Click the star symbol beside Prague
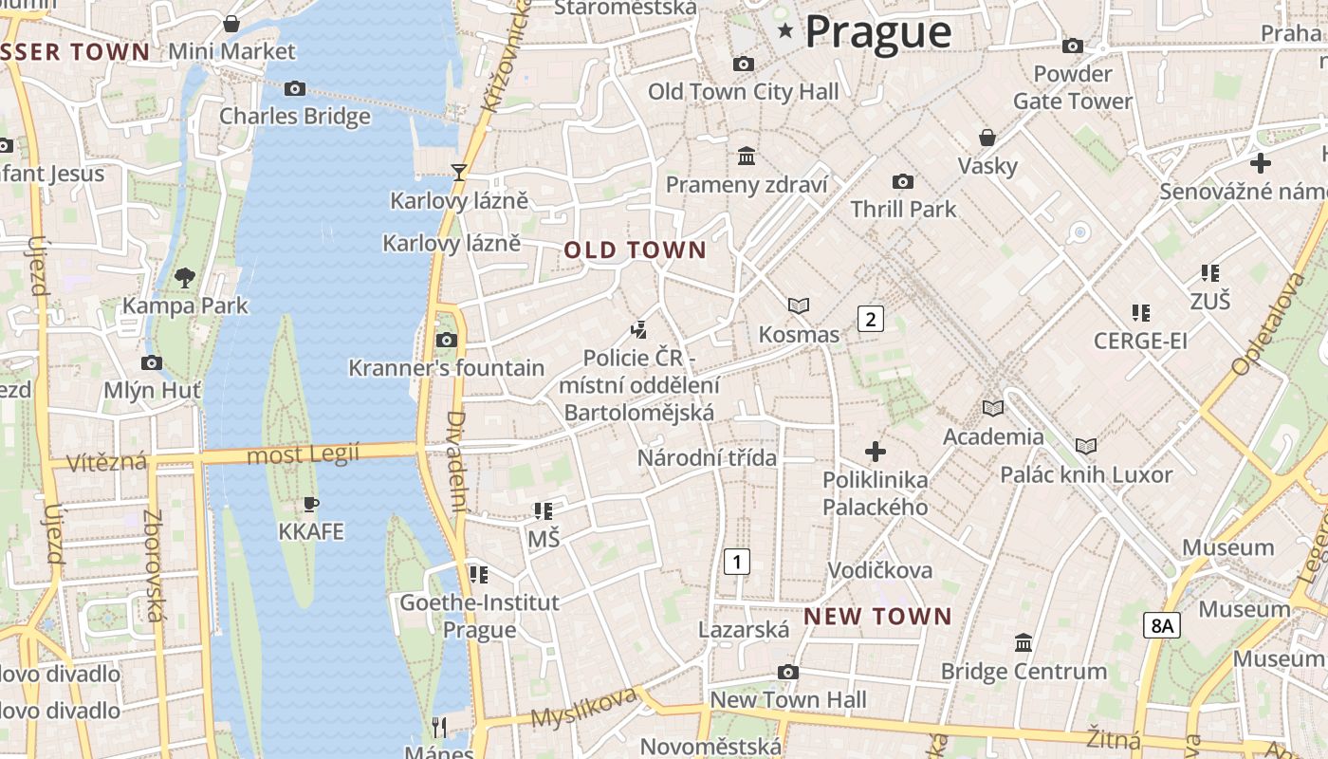[x=785, y=30]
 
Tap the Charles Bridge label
[x=295, y=117]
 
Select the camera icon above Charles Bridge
[x=295, y=88]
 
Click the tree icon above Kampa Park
[x=185, y=277]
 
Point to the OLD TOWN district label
[x=636, y=250]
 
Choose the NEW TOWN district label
[x=877, y=617]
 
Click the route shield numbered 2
[x=870, y=319]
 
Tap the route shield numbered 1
[x=736, y=562]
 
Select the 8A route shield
[x=1161, y=625]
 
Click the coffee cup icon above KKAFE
[x=310, y=504]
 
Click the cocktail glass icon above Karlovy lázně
[x=459, y=172]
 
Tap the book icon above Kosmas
[x=799, y=305]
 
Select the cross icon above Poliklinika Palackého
[x=876, y=452]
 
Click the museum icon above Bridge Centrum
[x=1024, y=643]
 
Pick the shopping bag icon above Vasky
[x=987, y=138]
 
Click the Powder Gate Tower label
[x=1073, y=87]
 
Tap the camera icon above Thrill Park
[x=903, y=181]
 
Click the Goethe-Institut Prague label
[x=480, y=616]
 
